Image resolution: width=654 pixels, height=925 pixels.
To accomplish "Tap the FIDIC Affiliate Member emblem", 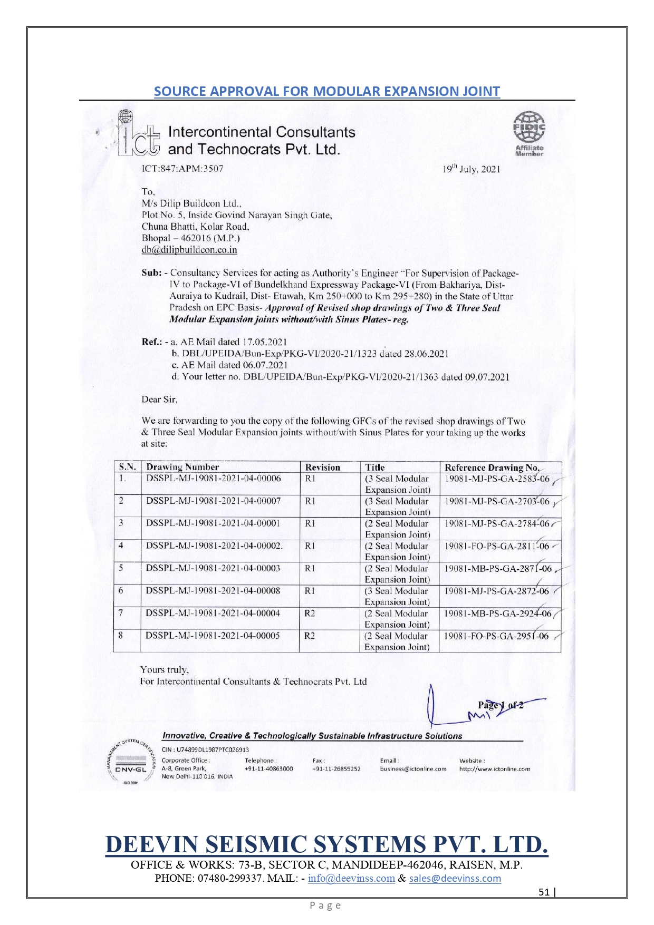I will tap(529, 133).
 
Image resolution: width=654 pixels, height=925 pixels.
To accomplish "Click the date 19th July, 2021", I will tap(471, 169).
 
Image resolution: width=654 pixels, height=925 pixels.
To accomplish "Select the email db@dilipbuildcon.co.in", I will tap(189, 250).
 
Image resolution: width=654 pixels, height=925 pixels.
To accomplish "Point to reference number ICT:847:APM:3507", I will tap(182, 169).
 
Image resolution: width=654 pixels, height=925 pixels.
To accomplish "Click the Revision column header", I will tap(323, 468).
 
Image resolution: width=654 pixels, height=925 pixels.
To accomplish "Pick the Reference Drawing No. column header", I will tap(492, 468).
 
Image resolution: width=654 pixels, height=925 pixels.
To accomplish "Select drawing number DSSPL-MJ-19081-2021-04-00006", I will tap(214, 479).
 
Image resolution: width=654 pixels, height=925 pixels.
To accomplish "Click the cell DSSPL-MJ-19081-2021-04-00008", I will tap(213, 591).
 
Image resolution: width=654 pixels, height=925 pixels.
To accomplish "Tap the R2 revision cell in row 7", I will tap(310, 614).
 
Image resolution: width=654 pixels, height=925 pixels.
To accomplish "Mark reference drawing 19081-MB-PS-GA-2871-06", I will tap(497, 569).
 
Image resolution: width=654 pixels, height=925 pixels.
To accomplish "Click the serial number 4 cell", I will tap(121, 546).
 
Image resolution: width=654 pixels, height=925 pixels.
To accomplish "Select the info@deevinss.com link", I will tap(351, 878).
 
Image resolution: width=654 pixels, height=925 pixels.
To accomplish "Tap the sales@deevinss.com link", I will tap(455, 878).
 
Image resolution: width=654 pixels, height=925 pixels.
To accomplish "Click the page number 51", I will tap(544, 892).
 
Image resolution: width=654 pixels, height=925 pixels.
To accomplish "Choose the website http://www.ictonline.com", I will tap(494, 769).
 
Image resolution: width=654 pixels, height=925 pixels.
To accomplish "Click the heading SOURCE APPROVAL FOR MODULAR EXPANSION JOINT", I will tap(327, 91).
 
